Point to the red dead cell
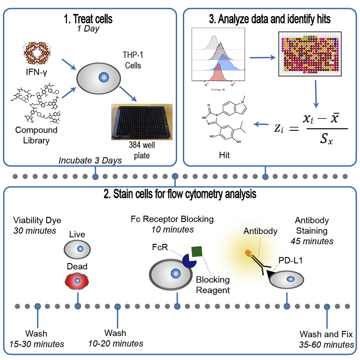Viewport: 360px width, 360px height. click(x=77, y=281)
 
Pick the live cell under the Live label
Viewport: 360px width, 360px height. click(x=77, y=249)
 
